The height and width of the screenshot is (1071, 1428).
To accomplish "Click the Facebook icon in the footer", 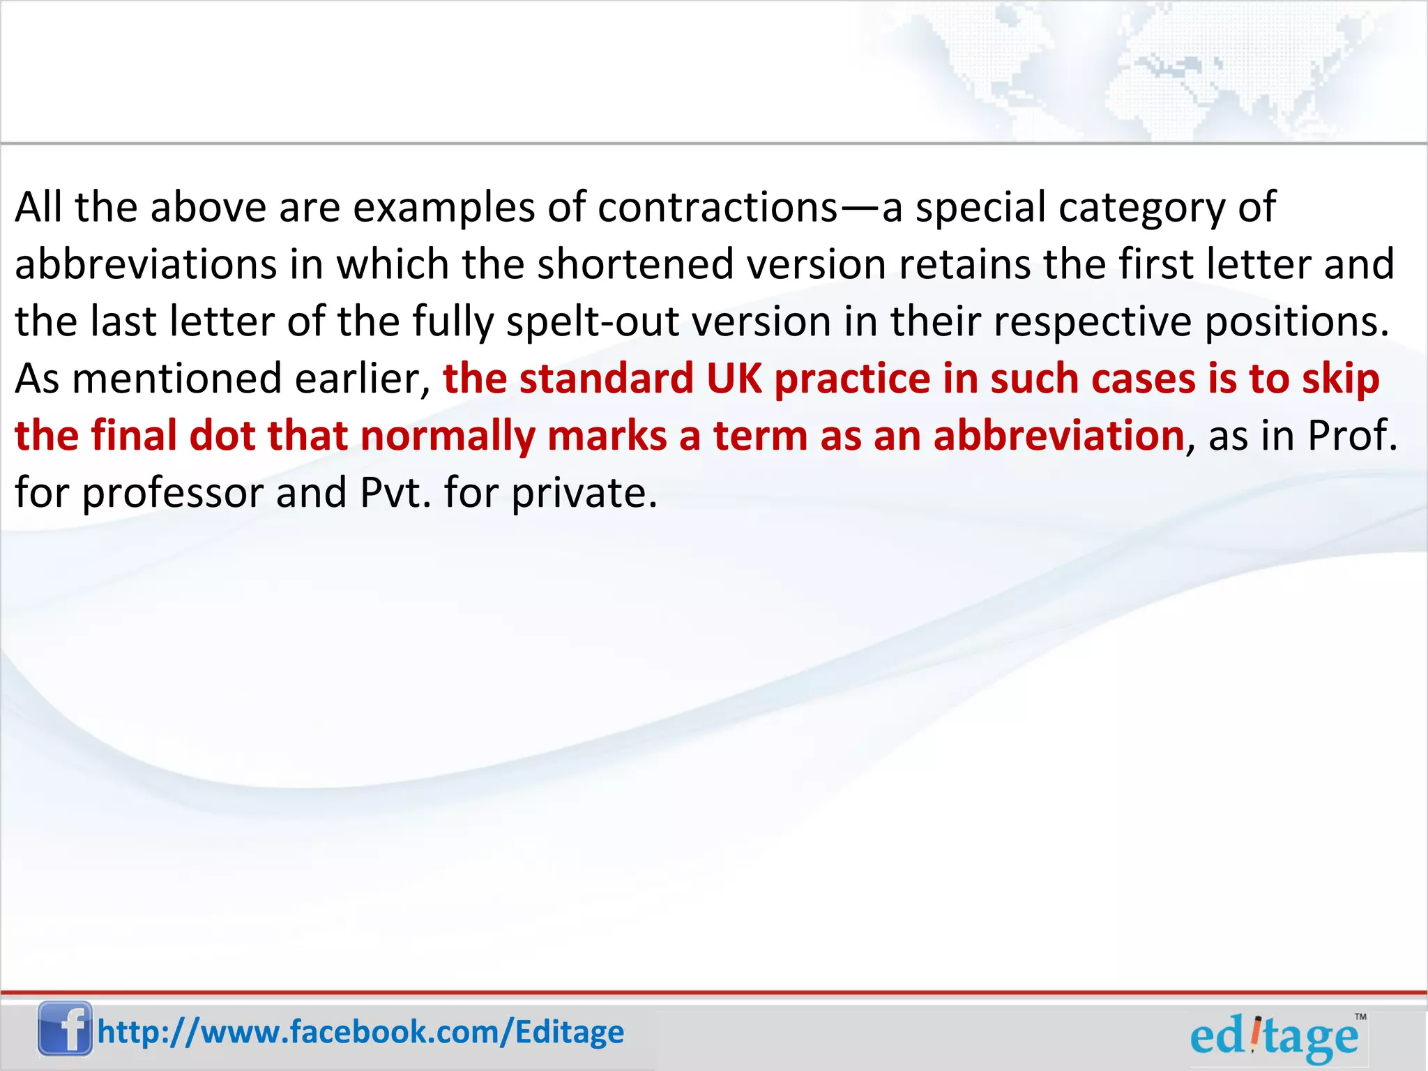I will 65,1028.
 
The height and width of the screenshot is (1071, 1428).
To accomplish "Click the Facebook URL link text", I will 360,1032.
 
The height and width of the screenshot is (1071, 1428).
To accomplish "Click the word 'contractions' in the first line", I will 717,207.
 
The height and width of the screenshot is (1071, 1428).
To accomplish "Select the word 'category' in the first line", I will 1141,207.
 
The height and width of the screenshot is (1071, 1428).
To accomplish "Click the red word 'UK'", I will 734,379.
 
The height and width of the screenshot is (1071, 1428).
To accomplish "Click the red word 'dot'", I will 222,436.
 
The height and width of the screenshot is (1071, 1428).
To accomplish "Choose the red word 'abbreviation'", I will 1058,436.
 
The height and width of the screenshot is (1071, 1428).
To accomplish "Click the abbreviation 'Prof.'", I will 1352,436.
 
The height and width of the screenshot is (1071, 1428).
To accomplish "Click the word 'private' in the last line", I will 584,493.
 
